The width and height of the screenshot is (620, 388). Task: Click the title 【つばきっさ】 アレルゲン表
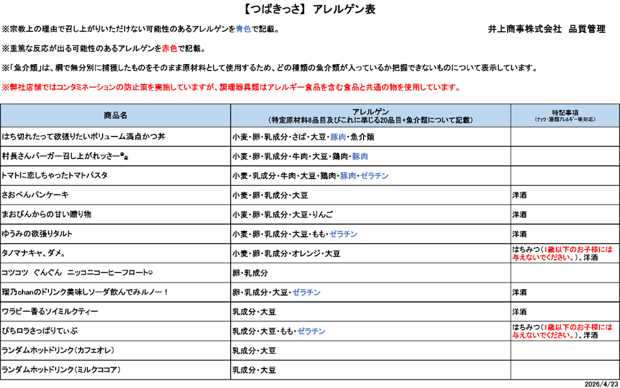point(310,9)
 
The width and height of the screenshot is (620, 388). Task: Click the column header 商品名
point(116,115)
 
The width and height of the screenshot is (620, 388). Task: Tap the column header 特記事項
point(564,111)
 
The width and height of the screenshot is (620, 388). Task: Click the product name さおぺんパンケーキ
point(36,195)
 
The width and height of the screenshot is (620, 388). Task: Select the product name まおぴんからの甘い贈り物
point(46,215)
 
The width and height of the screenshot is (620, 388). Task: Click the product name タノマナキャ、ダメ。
point(33,253)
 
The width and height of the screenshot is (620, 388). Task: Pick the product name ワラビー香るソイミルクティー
point(50,312)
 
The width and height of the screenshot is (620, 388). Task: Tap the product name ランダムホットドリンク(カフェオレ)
point(58,350)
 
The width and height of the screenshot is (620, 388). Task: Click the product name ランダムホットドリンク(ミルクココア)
point(61,370)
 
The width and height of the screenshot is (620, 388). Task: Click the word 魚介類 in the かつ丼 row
point(362,137)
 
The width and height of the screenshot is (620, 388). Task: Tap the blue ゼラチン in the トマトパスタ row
point(375,176)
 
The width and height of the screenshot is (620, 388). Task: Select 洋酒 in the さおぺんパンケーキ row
point(519,195)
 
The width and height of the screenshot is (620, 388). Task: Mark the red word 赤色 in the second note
point(170,49)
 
